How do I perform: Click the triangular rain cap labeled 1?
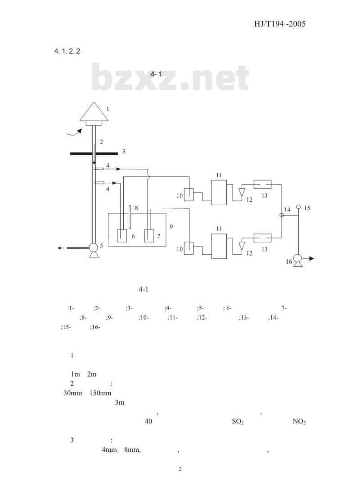(x=94, y=112)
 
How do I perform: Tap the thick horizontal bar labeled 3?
(x=94, y=153)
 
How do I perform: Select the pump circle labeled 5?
(x=94, y=248)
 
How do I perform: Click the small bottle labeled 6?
(x=122, y=235)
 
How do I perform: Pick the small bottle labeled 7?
(x=149, y=235)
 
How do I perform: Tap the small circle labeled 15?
(x=298, y=207)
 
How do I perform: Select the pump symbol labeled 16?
(x=298, y=260)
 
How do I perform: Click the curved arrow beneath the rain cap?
(x=75, y=133)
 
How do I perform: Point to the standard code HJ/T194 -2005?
(x=279, y=24)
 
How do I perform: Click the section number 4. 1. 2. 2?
(x=67, y=51)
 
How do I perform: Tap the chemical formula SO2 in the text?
(x=238, y=422)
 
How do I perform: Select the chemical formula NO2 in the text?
(x=299, y=422)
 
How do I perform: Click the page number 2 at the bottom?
(x=180, y=469)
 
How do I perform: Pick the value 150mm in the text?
(x=100, y=393)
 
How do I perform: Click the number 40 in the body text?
(x=148, y=421)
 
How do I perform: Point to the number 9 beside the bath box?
(x=171, y=226)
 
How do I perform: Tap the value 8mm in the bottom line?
(x=132, y=450)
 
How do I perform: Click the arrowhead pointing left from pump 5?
(x=59, y=248)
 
